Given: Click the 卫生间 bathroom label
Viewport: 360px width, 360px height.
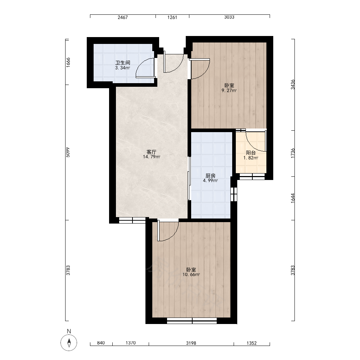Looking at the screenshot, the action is pyautogui.click(x=123, y=63).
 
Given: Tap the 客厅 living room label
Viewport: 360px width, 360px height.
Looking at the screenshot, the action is pyautogui.click(x=152, y=152).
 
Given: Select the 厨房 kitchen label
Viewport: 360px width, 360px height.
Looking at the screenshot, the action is pyautogui.click(x=210, y=176).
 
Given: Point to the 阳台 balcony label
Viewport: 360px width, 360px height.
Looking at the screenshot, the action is pyautogui.click(x=251, y=153).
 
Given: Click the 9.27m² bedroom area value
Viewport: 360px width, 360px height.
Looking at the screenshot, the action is pyautogui.click(x=229, y=90).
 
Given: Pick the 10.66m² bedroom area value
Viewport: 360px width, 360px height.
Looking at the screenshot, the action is pyautogui.click(x=191, y=275).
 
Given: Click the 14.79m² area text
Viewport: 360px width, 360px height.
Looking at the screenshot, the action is pyautogui.click(x=152, y=157).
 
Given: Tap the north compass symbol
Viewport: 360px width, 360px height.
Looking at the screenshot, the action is pyautogui.click(x=69, y=343).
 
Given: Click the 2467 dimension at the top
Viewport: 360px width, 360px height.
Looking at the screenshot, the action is pyautogui.click(x=123, y=17).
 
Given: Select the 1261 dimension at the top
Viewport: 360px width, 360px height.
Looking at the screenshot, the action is pyautogui.click(x=172, y=17).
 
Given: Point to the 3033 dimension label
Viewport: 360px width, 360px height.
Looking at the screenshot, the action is pyautogui.click(x=229, y=17).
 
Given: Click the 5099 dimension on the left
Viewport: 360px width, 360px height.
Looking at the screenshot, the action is pyautogui.click(x=68, y=152).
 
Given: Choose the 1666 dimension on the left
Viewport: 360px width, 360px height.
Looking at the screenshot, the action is pyautogui.click(x=68, y=62).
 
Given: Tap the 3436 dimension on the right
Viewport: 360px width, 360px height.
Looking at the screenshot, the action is pyautogui.click(x=293, y=85).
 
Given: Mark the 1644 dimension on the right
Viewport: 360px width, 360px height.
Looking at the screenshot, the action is pyautogui.click(x=293, y=198).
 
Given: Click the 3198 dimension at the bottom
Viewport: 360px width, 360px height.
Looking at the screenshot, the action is pyautogui.click(x=191, y=343).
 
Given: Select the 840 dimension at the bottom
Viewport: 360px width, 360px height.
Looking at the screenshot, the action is pyautogui.click(x=101, y=343).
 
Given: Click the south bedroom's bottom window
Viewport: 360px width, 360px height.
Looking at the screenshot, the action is pyautogui.click(x=192, y=321).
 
